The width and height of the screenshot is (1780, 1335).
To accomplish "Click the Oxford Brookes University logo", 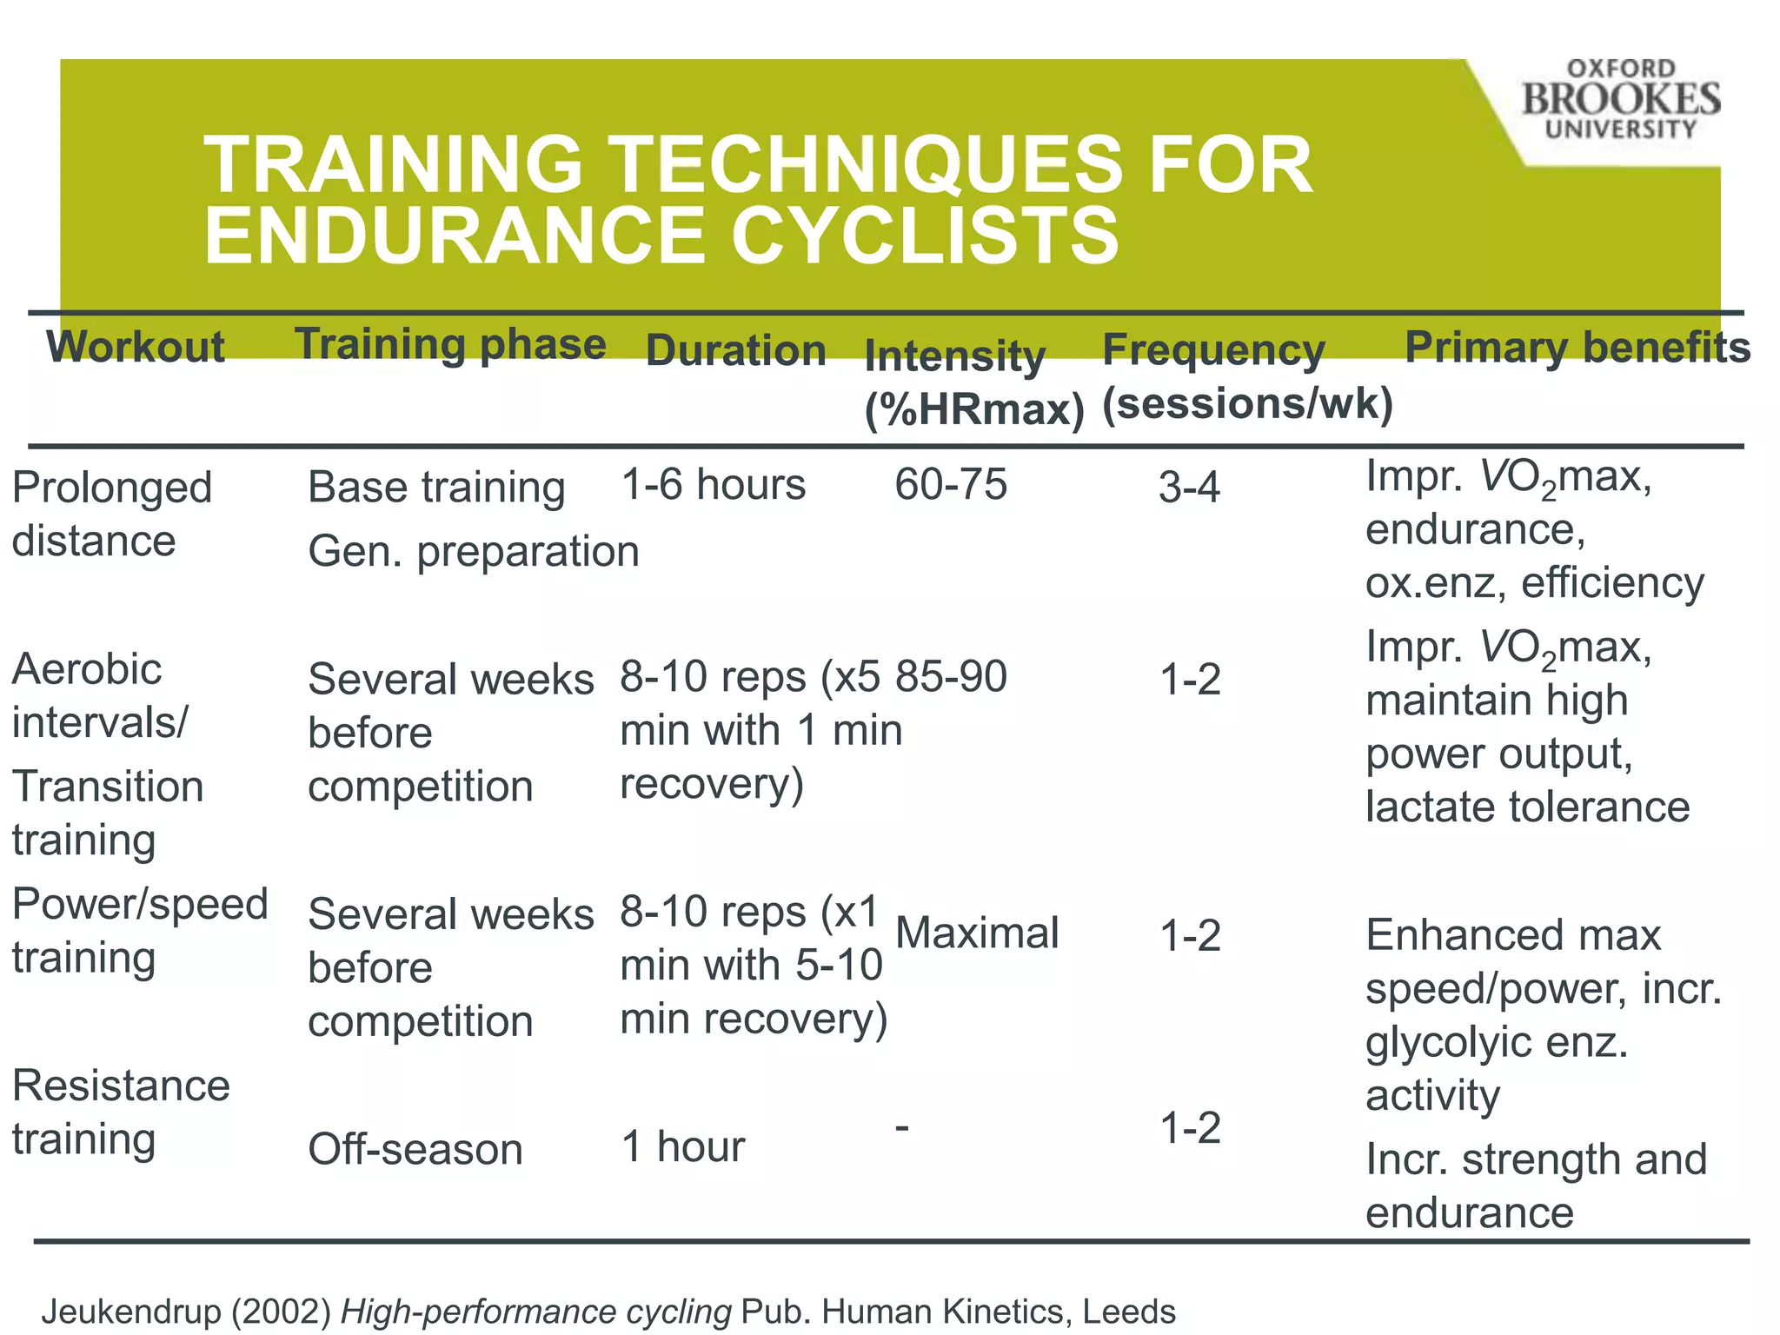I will pyautogui.click(x=1620, y=99).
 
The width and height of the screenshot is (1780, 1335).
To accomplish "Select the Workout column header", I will pyautogui.click(x=136, y=347).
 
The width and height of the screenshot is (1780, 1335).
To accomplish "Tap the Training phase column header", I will pyautogui.click(x=450, y=344).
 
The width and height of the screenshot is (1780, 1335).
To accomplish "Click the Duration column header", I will pyautogui.click(x=735, y=351).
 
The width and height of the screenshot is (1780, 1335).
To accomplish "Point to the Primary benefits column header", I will pyautogui.click(x=1577, y=348).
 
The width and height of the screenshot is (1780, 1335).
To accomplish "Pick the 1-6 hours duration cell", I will pyautogui.click(x=713, y=485).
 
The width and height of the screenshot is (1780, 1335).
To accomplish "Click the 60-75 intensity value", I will pyautogui.click(x=951, y=484).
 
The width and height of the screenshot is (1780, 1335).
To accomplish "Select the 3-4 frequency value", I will pyautogui.click(x=1189, y=488).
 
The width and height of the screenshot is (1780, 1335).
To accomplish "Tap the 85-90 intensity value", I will pyautogui.click(x=951, y=676).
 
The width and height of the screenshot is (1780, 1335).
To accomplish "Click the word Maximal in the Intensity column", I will pyautogui.click(x=977, y=933).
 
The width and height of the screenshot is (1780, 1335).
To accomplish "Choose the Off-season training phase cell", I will pyautogui.click(x=415, y=1150).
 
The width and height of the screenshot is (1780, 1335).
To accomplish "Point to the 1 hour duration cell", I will pyautogui.click(x=683, y=1147).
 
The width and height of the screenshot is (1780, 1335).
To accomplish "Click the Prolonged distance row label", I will pyautogui.click(x=111, y=514).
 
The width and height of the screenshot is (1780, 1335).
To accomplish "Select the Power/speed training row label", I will pyautogui.click(x=139, y=931).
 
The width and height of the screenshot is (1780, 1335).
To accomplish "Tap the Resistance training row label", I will pyautogui.click(x=121, y=1112).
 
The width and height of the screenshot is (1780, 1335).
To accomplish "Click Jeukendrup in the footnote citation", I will pyautogui.click(x=130, y=1312).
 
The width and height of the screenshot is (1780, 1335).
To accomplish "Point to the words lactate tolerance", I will pyautogui.click(x=1527, y=807).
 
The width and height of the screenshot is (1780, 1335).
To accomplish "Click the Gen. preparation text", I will pyautogui.click(x=474, y=552).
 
